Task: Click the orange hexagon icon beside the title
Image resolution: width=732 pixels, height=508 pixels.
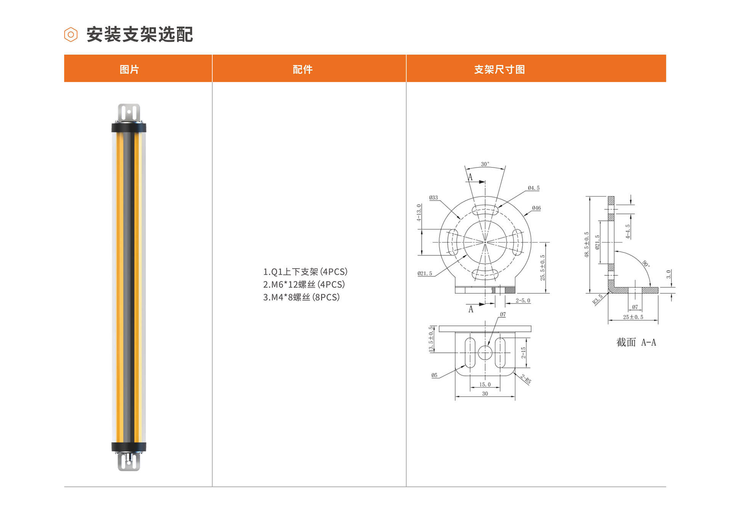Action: (x=71, y=35)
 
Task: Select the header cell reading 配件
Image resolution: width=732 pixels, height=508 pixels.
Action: (x=302, y=69)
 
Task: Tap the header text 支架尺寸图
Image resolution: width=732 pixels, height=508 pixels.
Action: (x=499, y=69)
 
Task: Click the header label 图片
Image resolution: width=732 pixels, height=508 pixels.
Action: (x=129, y=69)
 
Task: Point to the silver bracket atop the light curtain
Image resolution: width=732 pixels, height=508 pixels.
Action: (x=129, y=113)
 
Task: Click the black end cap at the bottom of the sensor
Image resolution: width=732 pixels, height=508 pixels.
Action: (x=129, y=447)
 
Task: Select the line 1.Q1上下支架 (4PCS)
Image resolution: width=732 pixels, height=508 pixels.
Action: (x=305, y=272)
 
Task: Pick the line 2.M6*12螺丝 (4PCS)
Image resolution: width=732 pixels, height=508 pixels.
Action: (x=304, y=285)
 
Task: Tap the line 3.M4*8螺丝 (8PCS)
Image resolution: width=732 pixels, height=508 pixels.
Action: (x=301, y=297)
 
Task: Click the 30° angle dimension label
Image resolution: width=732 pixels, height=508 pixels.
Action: (x=485, y=164)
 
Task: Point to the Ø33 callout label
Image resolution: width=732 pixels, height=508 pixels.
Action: (x=433, y=198)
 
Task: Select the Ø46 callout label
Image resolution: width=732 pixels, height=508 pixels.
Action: (x=536, y=208)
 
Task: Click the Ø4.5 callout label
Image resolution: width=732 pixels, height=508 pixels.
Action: (x=534, y=188)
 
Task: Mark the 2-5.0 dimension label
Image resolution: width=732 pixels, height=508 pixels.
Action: (x=523, y=301)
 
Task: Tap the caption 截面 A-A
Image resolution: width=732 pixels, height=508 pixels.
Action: (x=636, y=342)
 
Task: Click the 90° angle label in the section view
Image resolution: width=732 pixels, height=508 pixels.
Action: (x=646, y=264)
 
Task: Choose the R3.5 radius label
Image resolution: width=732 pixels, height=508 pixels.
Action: (x=597, y=299)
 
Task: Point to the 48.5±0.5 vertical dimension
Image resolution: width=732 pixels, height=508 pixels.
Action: (x=587, y=244)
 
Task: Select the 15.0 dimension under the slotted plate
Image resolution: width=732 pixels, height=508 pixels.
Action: (x=485, y=384)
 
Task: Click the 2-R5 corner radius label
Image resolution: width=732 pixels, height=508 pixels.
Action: (x=526, y=379)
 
